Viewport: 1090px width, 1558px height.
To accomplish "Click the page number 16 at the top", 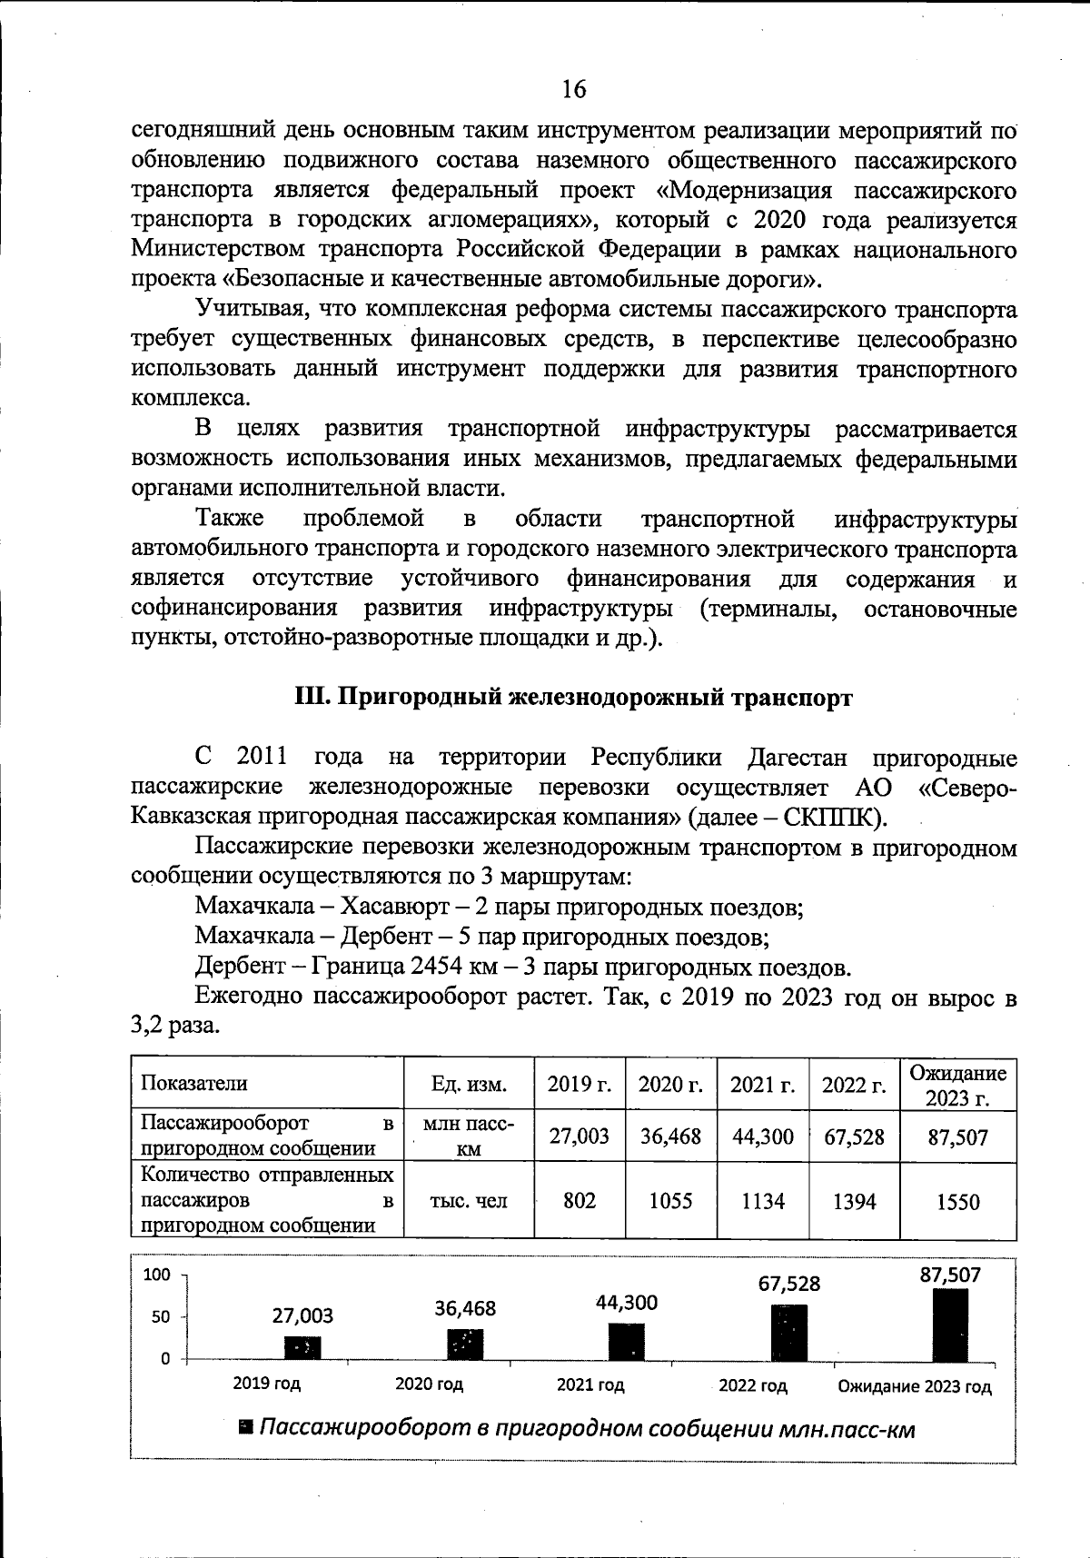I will pyautogui.click(x=574, y=88).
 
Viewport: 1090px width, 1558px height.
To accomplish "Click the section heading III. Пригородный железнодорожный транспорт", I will pyautogui.click(x=574, y=698).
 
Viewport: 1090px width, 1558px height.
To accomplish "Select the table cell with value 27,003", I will pyautogui.click(x=580, y=1136).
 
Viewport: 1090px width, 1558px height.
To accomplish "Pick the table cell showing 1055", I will pyautogui.click(x=670, y=1201).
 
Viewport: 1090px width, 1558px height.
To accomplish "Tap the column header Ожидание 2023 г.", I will pyautogui.click(x=957, y=1085).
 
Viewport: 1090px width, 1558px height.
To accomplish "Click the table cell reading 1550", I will pyautogui.click(x=957, y=1202).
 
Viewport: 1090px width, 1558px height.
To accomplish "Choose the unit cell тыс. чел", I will pyautogui.click(x=469, y=1201).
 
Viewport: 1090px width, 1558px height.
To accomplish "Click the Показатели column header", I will pyautogui.click(x=193, y=1083).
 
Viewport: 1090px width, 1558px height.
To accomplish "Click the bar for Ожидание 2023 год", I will pyautogui.click(x=950, y=1325).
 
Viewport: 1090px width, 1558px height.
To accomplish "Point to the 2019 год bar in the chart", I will pyautogui.click(x=302, y=1348).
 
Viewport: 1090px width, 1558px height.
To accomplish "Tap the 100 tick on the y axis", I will pyautogui.click(x=158, y=1275).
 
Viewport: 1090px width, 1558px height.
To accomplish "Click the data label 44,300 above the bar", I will pyautogui.click(x=627, y=1303).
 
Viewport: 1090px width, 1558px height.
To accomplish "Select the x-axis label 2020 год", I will pyautogui.click(x=429, y=1384).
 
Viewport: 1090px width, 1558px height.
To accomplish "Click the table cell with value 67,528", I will pyautogui.click(x=854, y=1136).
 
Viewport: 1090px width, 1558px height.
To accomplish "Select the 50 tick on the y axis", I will pyautogui.click(x=161, y=1316).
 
